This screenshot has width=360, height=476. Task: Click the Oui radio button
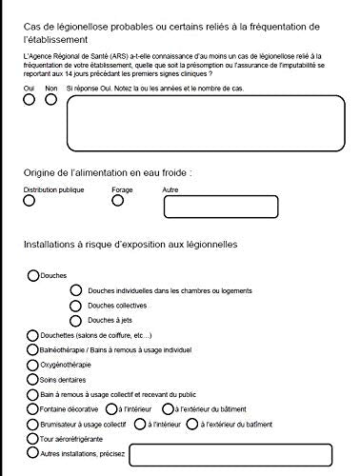point(30,100)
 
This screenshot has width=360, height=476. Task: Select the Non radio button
point(50,100)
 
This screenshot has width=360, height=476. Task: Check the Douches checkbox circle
point(33,275)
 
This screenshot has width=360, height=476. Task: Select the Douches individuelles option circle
point(76,290)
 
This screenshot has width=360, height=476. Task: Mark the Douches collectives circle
point(76,306)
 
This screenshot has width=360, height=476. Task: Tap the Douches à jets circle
point(76,321)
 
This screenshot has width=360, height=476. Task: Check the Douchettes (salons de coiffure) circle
point(33,336)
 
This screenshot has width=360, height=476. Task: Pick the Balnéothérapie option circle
point(33,350)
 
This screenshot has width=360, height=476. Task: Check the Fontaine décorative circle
point(33,408)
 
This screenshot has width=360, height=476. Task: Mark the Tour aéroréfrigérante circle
point(33,439)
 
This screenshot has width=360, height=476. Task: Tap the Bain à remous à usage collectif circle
point(33,393)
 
